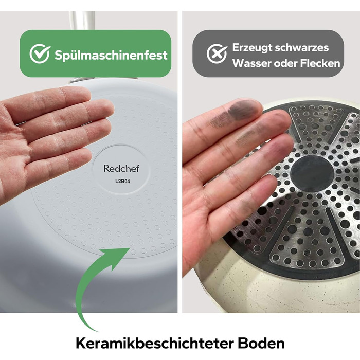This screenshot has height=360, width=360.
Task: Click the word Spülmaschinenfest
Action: [111, 56]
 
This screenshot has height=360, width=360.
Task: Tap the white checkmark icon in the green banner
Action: [40, 53]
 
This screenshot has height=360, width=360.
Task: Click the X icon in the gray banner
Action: [217, 54]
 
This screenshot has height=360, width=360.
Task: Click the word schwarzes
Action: [302, 48]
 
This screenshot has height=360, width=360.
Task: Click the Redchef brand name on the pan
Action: [121, 169]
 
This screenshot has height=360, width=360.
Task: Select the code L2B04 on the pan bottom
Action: [122, 182]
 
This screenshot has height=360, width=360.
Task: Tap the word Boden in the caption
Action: [261, 344]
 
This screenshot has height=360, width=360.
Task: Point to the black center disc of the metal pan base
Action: [312, 174]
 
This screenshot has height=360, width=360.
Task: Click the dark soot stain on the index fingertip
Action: [244, 109]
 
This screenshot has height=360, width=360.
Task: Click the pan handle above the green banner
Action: [82, 20]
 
